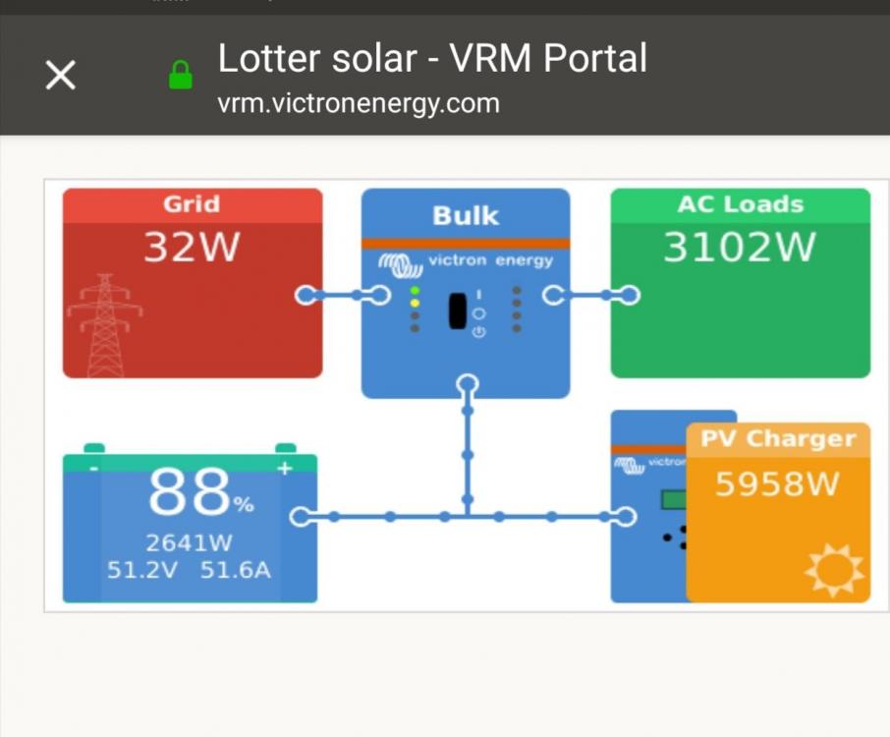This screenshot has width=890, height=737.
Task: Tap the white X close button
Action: coord(60,75)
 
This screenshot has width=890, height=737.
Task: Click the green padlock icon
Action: coord(181,75)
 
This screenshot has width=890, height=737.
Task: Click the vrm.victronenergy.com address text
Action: coord(359,104)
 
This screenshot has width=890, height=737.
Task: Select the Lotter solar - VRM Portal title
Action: coord(432,58)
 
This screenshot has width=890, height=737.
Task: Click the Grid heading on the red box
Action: coord(192,203)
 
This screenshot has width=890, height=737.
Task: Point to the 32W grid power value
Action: coord(192,247)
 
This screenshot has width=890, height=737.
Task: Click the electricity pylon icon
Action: coord(104,325)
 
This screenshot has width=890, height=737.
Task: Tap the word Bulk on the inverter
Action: coord(466,216)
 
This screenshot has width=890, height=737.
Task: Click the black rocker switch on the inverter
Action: coord(458,312)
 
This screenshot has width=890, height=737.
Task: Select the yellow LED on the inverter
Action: coord(415,304)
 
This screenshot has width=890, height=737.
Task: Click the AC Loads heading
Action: coord(741,203)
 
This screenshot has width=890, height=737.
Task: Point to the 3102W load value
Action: coord(740,247)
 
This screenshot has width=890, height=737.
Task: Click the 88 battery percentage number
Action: coord(189,491)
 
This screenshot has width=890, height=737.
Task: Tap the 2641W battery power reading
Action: coord(189,542)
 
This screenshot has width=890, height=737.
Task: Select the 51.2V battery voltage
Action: coord(141,570)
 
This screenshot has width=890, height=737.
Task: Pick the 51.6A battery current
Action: coord(236,570)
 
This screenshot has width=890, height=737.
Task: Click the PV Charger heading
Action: coord(778,439)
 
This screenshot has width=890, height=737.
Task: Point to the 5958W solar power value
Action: coord(777,484)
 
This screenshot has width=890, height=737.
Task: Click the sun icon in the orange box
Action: coord(834,570)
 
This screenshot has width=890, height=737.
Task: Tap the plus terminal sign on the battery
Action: coord(285,468)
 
